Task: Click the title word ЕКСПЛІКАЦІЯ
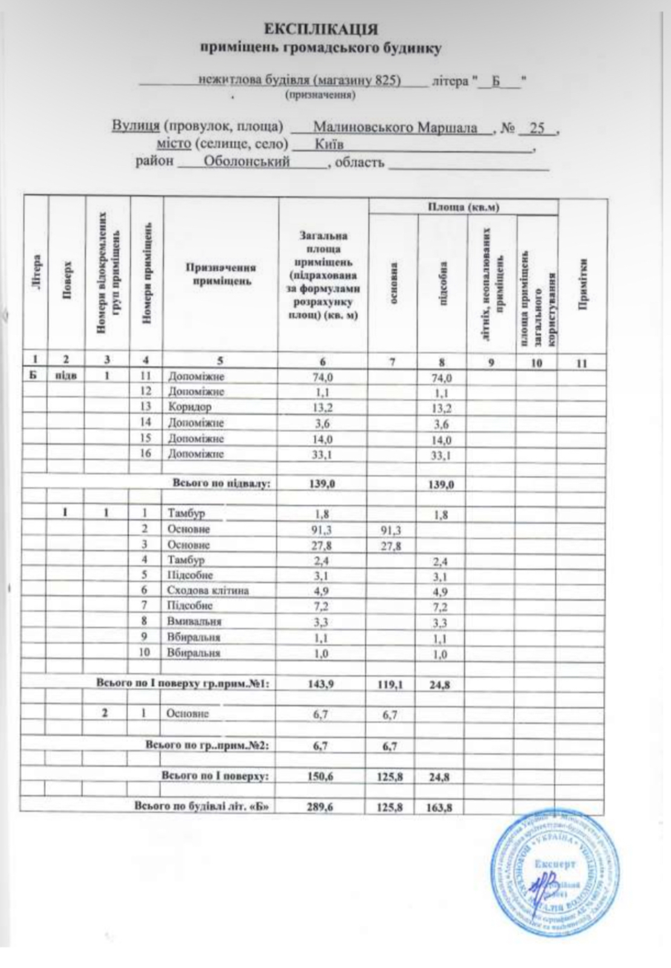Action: pos(321,30)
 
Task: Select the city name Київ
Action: pos(329,145)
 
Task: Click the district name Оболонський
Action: pos(247,162)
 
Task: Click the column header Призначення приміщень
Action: pos(220,274)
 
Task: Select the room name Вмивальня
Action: pos(194,621)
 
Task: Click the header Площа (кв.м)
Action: pos(463,208)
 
